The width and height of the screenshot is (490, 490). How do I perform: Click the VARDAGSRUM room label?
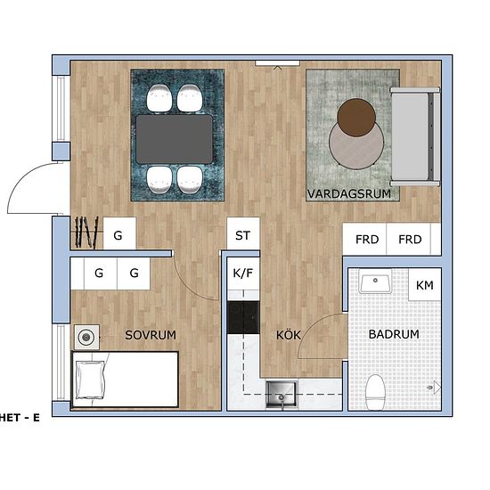[x=350, y=193]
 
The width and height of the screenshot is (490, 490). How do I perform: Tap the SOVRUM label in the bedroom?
[x=150, y=335]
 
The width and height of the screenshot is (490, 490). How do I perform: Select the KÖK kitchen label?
[x=288, y=336]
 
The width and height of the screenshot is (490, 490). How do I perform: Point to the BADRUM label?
[x=393, y=335]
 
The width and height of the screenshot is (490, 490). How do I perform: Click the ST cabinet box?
[x=242, y=236]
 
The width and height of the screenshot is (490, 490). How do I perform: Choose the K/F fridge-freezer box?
[x=242, y=274]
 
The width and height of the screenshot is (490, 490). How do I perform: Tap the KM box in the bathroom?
[x=425, y=286]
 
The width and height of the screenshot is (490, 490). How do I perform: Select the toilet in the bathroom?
[x=376, y=391]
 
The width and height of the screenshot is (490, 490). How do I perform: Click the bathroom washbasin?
[x=376, y=284]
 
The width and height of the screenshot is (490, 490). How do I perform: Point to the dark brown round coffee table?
[x=357, y=115]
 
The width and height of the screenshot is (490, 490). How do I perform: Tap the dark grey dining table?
[x=174, y=138]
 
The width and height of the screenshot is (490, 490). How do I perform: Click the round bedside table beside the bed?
[x=86, y=337]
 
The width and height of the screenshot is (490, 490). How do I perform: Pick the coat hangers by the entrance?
[x=86, y=233]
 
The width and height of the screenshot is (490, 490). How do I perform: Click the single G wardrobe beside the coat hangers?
[x=118, y=237]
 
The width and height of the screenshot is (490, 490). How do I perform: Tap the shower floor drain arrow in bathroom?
[x=433, y=388]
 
